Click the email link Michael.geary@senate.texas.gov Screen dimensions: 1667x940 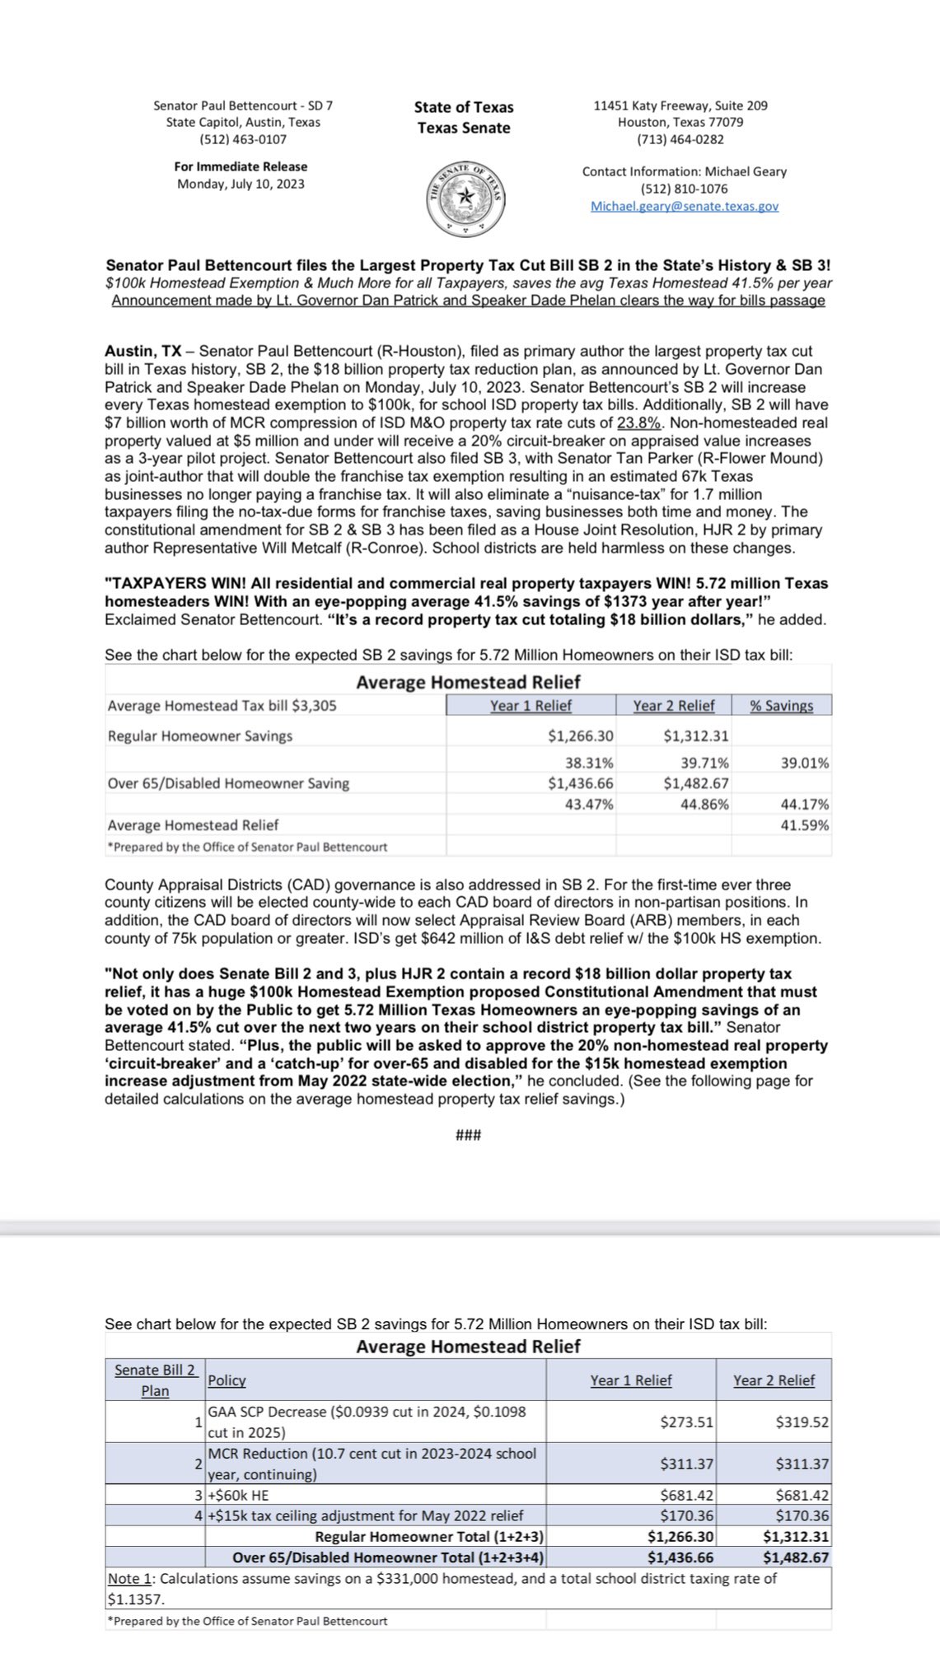684,206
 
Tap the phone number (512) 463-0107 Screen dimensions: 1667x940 243,139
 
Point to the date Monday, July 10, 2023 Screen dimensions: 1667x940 241,184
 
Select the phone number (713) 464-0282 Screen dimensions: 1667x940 680,139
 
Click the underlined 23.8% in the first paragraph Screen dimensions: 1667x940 639,423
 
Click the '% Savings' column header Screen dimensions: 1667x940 781,705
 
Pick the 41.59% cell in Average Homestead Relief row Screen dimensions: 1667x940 804,825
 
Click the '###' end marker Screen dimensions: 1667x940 468,1136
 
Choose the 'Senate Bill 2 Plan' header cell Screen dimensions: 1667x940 155,1380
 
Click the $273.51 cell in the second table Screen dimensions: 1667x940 686,1422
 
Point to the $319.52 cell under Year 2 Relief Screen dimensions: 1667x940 802,1422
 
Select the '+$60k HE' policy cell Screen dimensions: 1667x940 239,1495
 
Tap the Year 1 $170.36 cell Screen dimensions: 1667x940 686,1515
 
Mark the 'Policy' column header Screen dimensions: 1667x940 227,1380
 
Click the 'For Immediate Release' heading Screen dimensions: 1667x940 241,166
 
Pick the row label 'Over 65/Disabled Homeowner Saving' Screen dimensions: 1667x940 228,783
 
